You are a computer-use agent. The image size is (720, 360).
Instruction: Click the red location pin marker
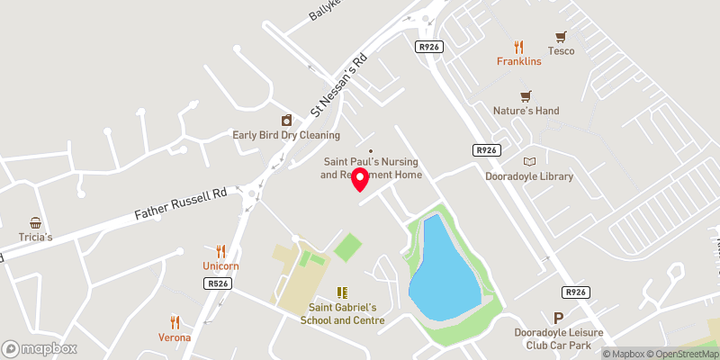(x=360, y=179)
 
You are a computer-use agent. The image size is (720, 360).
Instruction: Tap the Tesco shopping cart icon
(x=562, y=37)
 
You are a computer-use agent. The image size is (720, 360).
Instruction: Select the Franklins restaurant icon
(x=518, y=47)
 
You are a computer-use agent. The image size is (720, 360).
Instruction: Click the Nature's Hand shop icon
(x=526, y=96)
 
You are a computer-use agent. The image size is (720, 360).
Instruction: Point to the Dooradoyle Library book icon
(x=528, y=162)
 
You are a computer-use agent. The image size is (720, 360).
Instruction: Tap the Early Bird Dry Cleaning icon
(x=286, y=121)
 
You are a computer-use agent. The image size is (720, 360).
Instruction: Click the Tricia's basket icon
(x=36, y=222)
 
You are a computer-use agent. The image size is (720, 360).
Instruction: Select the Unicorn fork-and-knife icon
(x=220, y=251)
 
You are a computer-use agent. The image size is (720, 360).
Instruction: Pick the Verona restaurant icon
(x=175, y=322)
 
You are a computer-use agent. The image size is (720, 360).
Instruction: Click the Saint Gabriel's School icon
(x=342, y=292)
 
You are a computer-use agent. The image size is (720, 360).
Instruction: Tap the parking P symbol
(x=559, y=318)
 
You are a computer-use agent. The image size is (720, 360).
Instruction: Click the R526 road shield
(x=213, y=283)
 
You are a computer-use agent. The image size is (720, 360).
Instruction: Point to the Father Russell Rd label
(x=181, y=205)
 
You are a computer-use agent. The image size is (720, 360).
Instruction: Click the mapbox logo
(x=39, y=348)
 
